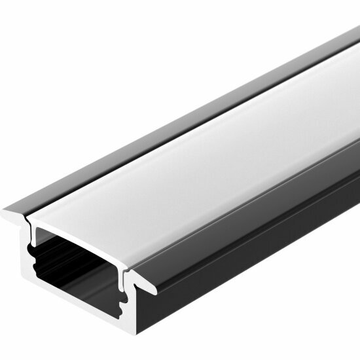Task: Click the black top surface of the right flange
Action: point(262,196)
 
